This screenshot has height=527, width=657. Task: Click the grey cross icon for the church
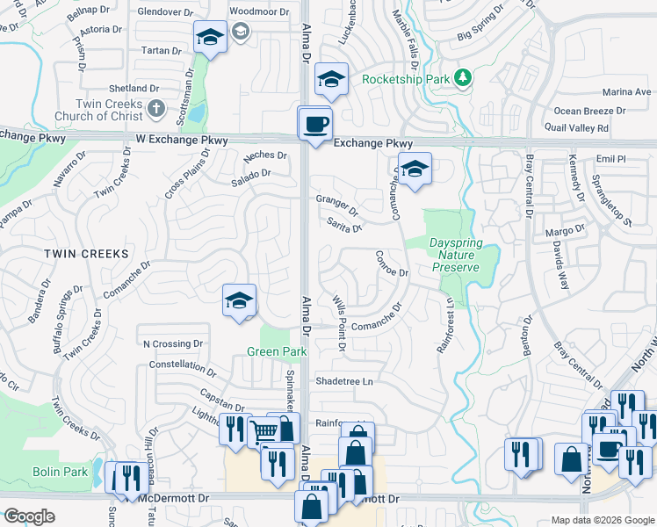point(155,109)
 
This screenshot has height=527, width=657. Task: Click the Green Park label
point(276,351)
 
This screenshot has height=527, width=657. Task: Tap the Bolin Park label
point(62,472)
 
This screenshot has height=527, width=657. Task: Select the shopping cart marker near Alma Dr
point(264,430)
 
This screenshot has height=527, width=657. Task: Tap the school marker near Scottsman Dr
point(209,38)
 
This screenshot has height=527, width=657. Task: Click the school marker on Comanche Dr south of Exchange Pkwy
point(415,170)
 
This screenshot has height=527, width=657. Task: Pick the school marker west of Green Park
point(239,300)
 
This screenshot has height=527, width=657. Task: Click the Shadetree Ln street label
point(344,381)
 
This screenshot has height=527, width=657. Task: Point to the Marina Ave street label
point(627,91)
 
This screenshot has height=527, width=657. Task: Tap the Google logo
point(30,516)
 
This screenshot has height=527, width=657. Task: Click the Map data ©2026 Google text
point(603,520)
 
